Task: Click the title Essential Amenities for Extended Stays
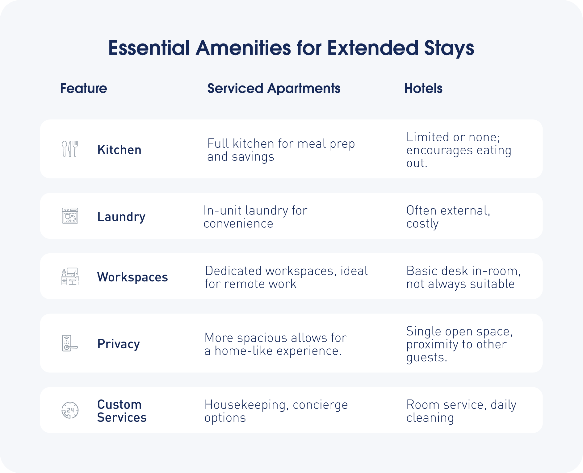click(291, 48)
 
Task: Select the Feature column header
click(83, 89)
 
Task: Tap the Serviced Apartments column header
click(274, 89)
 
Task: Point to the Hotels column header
click(423, 89)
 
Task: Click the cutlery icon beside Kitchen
click(70, 149)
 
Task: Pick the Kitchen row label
click(120, 150)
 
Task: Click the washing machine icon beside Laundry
click(70, 216)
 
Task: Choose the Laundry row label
click(121, 217)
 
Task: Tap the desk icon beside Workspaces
click(70, 276)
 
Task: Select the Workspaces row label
click(132, 277)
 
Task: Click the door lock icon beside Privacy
click(70, 343)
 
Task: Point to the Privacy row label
click(119, 344)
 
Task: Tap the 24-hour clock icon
click(70, 410)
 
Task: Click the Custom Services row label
click(122, 411)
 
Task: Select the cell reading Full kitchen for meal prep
click(281, 150)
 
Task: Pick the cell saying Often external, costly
click(448, 217)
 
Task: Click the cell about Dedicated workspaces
click(286, 277)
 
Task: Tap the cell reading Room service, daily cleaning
click(461, 411)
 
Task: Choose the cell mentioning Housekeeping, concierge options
click(276, 411)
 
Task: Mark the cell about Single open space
click(459, 344)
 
